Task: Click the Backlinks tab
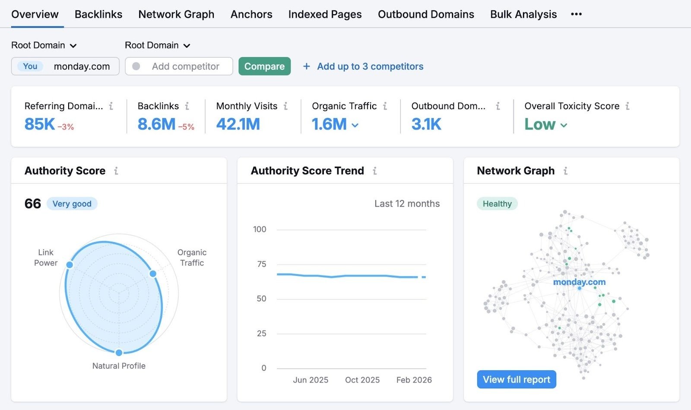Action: (x=98, y=14)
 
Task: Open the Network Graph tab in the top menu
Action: (x=176, y=14)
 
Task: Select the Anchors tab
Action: (x=251, y=14)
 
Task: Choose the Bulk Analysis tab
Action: (x=523, y=14)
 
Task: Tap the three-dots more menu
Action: (x=576, y=14)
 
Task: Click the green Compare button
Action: (x=264, y=66)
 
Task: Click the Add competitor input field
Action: (x=185, y=66)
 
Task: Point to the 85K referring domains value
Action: (x=40, y=124)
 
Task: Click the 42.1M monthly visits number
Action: (x=238, y=124)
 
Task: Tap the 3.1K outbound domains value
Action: (x=426, y=124)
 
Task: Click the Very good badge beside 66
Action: (x=72, y=204)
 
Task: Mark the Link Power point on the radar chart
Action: (x=70, y=265)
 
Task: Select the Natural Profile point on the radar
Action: (x=119, y=353)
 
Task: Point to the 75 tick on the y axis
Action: (x=261, y=264)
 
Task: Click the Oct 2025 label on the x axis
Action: (x=362, y=380)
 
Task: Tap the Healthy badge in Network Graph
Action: (x=497, y=204)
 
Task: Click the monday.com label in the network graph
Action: (x=579, y=282)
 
